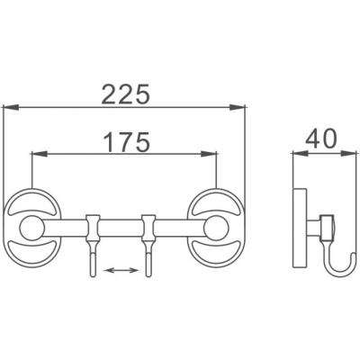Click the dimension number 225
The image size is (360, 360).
click(x=125, y=94)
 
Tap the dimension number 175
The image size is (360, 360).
click(x=126, y=141)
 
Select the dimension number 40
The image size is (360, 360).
click(x=321, y=139)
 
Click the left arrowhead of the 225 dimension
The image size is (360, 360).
click(x=11, y=107)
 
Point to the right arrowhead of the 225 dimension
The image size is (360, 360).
click(x=238, y=107)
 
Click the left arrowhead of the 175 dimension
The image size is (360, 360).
click(x=40, y=154)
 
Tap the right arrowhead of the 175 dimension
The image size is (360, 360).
click(x=209, y=154)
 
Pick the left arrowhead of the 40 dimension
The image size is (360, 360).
click(x=301, y=154)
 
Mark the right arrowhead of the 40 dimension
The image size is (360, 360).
click(x=349, y=154)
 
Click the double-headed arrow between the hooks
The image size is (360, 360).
click(x=121, y=271)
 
